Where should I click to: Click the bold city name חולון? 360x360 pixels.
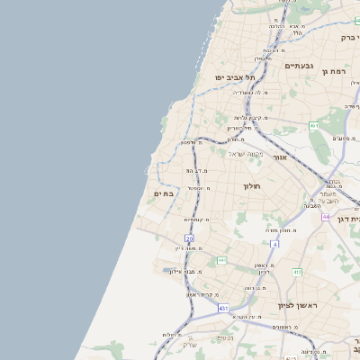point(250,185)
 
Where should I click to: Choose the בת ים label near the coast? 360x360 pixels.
point(164,193)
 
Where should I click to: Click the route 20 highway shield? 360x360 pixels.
point(189,238)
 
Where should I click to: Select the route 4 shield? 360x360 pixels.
point(274,244)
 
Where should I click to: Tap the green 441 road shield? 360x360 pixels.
point(221,260)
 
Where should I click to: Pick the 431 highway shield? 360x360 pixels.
point(222,307)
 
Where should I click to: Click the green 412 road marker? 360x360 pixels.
point(297,272)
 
